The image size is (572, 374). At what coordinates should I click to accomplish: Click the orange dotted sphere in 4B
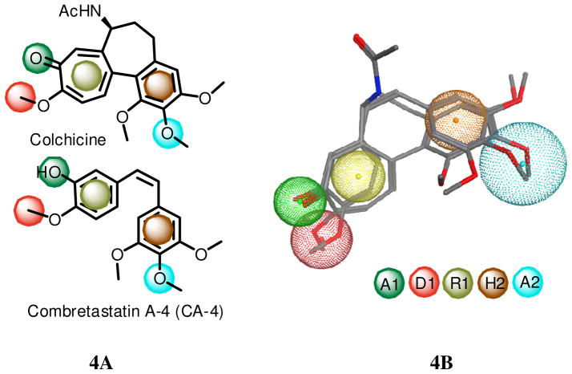click(454, 120)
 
